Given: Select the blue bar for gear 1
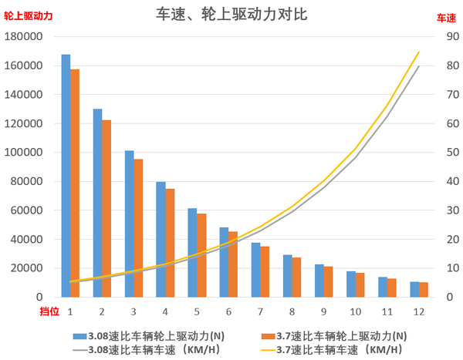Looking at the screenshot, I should tap(66, 176).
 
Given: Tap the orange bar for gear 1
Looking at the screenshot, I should tap(75, 183).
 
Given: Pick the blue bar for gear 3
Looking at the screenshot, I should tap(130, 224).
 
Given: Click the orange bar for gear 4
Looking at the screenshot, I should tap(170, 243).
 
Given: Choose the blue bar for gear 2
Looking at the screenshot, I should tap(97, 203).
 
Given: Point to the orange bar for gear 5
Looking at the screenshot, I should tap(201, 255).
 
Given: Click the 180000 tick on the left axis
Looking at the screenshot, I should tap(25, 37).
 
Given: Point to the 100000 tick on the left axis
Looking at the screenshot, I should tap(25, 153).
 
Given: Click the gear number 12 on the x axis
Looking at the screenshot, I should tap(418, 311).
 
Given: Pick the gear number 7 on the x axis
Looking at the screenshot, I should tap(260, 311).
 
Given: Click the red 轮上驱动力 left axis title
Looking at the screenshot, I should tap(29, 16).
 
